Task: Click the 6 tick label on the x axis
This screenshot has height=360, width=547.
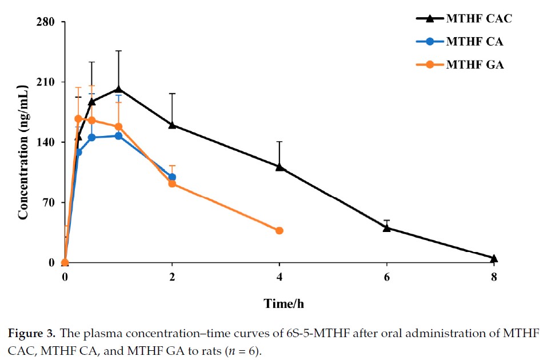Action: (x=387, y=278)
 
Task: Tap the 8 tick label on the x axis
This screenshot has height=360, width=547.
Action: (x=494, y=278)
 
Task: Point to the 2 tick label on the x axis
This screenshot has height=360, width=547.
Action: (x=172, y=278)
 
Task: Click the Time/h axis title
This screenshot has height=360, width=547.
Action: (x=280, y=305)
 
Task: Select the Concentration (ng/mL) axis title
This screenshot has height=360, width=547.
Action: (x=23, y=150)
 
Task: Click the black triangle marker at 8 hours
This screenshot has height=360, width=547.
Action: (x=494, y=258)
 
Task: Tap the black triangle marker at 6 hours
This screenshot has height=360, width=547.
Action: (x=387, y=227)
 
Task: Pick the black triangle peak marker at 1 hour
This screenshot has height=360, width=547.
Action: (x=118, y=89)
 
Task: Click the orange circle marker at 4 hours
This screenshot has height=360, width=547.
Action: (x=280, y=230)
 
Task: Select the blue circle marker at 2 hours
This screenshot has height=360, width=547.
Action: (x=172, y=177)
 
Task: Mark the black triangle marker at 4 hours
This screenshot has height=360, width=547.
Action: (x=280, y=166)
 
